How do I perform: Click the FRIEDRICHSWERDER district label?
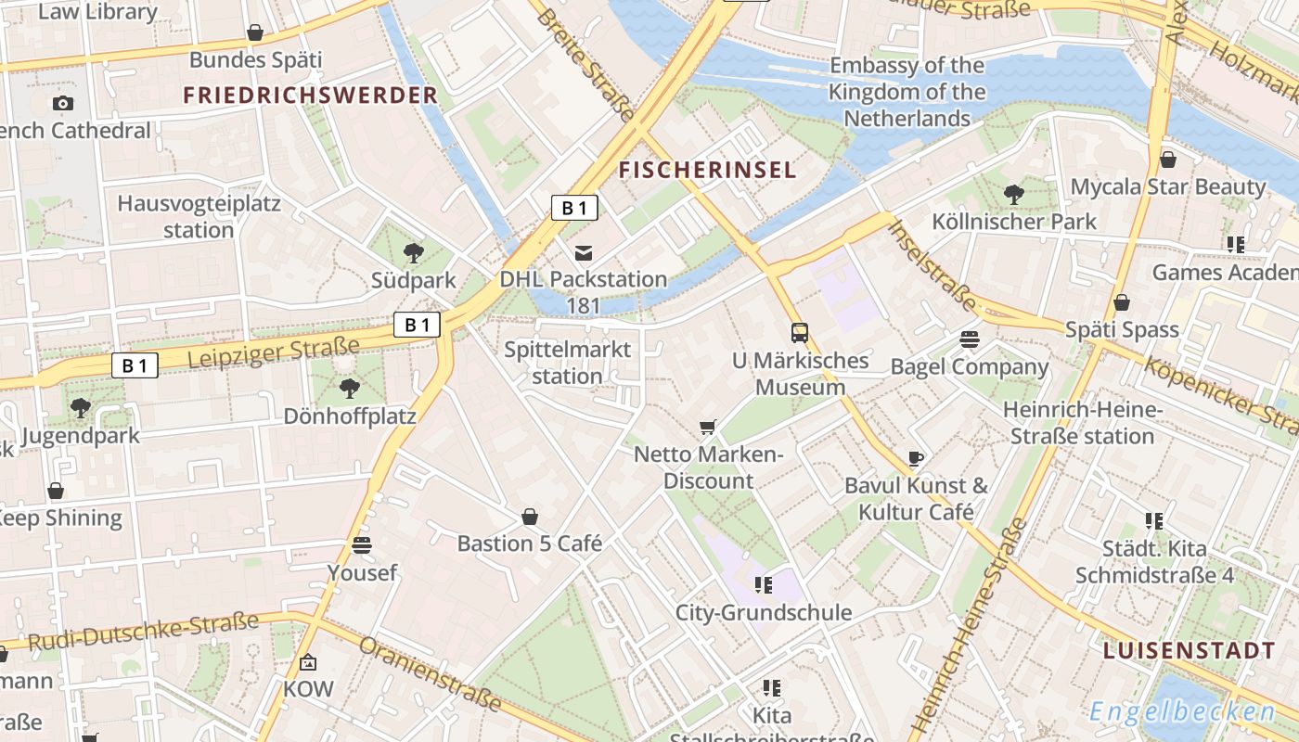310,95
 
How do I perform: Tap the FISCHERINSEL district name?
707,170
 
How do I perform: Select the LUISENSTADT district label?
1189,650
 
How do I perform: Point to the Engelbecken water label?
1182,711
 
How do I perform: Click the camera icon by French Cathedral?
62,103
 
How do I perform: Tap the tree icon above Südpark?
414,251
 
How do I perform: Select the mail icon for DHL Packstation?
584,252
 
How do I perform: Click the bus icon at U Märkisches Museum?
799,333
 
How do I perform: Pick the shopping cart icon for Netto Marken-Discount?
708,427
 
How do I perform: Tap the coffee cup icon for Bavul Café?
916,457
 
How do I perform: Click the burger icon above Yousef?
362,544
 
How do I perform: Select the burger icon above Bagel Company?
970,339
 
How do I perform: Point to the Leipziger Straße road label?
273,352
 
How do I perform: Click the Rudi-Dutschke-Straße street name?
143,632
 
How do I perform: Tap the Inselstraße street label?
932,266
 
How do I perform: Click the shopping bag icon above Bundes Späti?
255,33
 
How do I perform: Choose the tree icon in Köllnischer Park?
1014,194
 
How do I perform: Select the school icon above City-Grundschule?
764,584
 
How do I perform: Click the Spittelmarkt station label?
567,363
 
